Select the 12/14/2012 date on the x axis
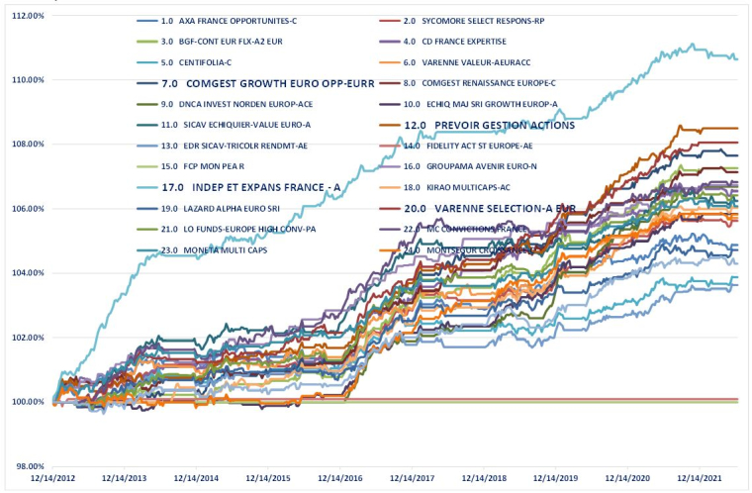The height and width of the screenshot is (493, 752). pyautogui.click(x=57, y=478)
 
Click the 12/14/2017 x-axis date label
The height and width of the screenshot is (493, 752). pyautogui.click(x=415, y=478)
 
